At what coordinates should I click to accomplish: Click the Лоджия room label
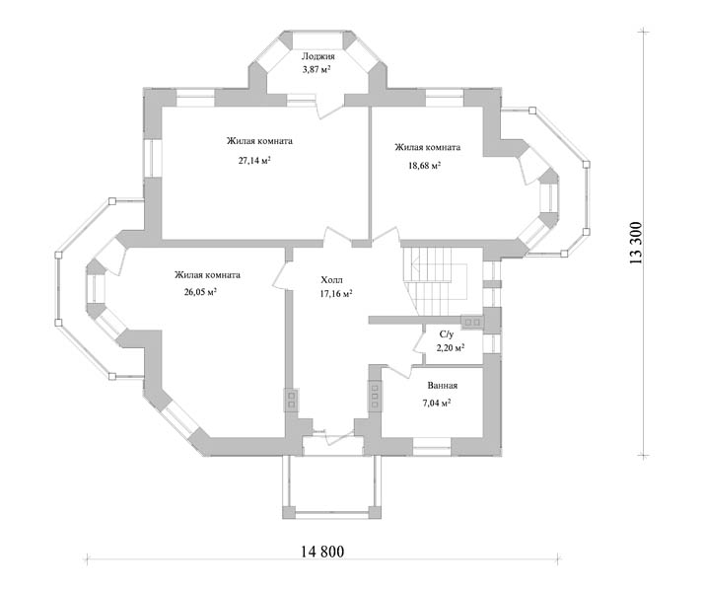(x=317, y=56)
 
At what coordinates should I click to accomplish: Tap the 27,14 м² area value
(x=254, y=161)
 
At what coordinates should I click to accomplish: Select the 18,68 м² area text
(x=424, y=166)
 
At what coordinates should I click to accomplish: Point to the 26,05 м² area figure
(x=200, y=292)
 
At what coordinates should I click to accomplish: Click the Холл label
(x=332, y=280)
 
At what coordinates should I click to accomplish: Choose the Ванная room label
(x=443, y=386)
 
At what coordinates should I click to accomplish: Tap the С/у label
(x=447, y=334)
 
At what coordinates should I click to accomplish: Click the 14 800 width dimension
(x=322, y=552)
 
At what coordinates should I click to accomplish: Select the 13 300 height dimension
(x=636, y=243)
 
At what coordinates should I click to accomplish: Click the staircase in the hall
(x=435, y=279)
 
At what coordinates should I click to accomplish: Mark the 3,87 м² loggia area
(x=317, y=69)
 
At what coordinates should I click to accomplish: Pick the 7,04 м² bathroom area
(x=437, y=403)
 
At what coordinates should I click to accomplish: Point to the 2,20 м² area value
(x=451, y=347)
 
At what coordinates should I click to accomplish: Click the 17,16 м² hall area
(x=336, y=294)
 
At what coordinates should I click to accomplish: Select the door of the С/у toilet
(x=419, y=342)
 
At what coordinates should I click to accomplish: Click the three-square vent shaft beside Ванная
(x=375, y=396)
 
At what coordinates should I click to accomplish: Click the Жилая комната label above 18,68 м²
(x=428, y=147)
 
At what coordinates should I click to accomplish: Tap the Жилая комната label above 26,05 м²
(x=207, y=275)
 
